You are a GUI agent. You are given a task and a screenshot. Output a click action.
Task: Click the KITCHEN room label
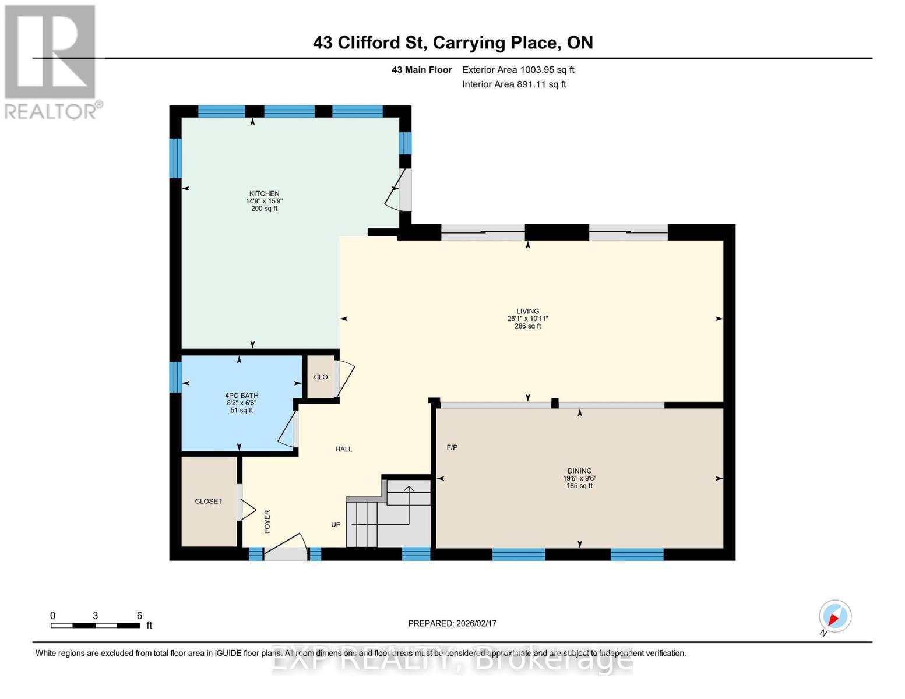264,193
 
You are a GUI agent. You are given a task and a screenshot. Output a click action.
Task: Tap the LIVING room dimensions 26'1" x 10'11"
527,319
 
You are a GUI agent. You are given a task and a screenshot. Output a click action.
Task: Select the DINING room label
579,471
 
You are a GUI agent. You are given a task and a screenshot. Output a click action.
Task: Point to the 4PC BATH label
241,396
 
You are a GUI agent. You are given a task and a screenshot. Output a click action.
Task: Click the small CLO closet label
321,377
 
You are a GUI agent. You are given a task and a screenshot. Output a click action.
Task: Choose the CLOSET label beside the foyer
209,501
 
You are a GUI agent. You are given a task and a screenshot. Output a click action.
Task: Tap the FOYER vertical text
267,521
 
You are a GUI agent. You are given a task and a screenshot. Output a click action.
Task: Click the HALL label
344,449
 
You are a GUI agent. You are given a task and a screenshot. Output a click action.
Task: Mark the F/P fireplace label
452,447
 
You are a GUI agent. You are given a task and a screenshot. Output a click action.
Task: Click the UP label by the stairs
336,524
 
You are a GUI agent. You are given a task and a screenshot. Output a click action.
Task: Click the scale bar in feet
95,625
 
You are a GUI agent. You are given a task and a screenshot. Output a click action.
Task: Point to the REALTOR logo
51,61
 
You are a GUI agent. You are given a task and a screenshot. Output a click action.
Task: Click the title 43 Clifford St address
453,43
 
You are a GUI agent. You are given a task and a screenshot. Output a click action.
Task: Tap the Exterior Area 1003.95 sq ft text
518,70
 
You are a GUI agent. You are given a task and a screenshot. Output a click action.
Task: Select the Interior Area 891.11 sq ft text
514,84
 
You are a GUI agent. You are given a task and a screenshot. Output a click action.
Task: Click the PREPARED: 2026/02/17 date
452,623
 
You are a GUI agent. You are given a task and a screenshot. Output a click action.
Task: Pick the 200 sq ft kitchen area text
264,209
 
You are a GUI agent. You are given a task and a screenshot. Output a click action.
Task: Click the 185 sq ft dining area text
579,486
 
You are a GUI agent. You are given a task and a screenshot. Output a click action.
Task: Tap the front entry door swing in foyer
286,547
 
